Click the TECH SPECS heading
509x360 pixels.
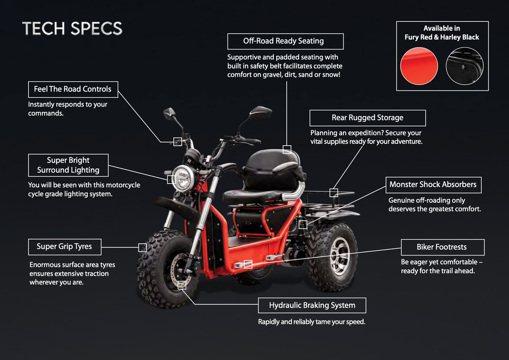point(72,29)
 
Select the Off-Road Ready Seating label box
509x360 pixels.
point(285,41)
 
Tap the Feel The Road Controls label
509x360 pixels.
point(73,89)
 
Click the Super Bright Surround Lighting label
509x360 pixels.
point(68,165)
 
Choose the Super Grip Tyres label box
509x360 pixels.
point(64,246)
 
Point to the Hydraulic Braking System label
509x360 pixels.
point(312,305)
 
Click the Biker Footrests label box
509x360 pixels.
point(442,247)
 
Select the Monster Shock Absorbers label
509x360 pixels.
point(433,185)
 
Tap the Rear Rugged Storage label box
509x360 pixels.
point(367,118)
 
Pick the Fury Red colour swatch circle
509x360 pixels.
point(419,66)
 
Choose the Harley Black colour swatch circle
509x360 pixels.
point(465,66)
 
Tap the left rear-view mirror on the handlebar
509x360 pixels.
point(169,113)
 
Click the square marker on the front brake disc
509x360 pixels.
point(182,285)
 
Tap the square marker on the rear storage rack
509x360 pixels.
point(333,193)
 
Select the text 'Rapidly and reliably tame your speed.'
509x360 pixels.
point(312,322)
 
